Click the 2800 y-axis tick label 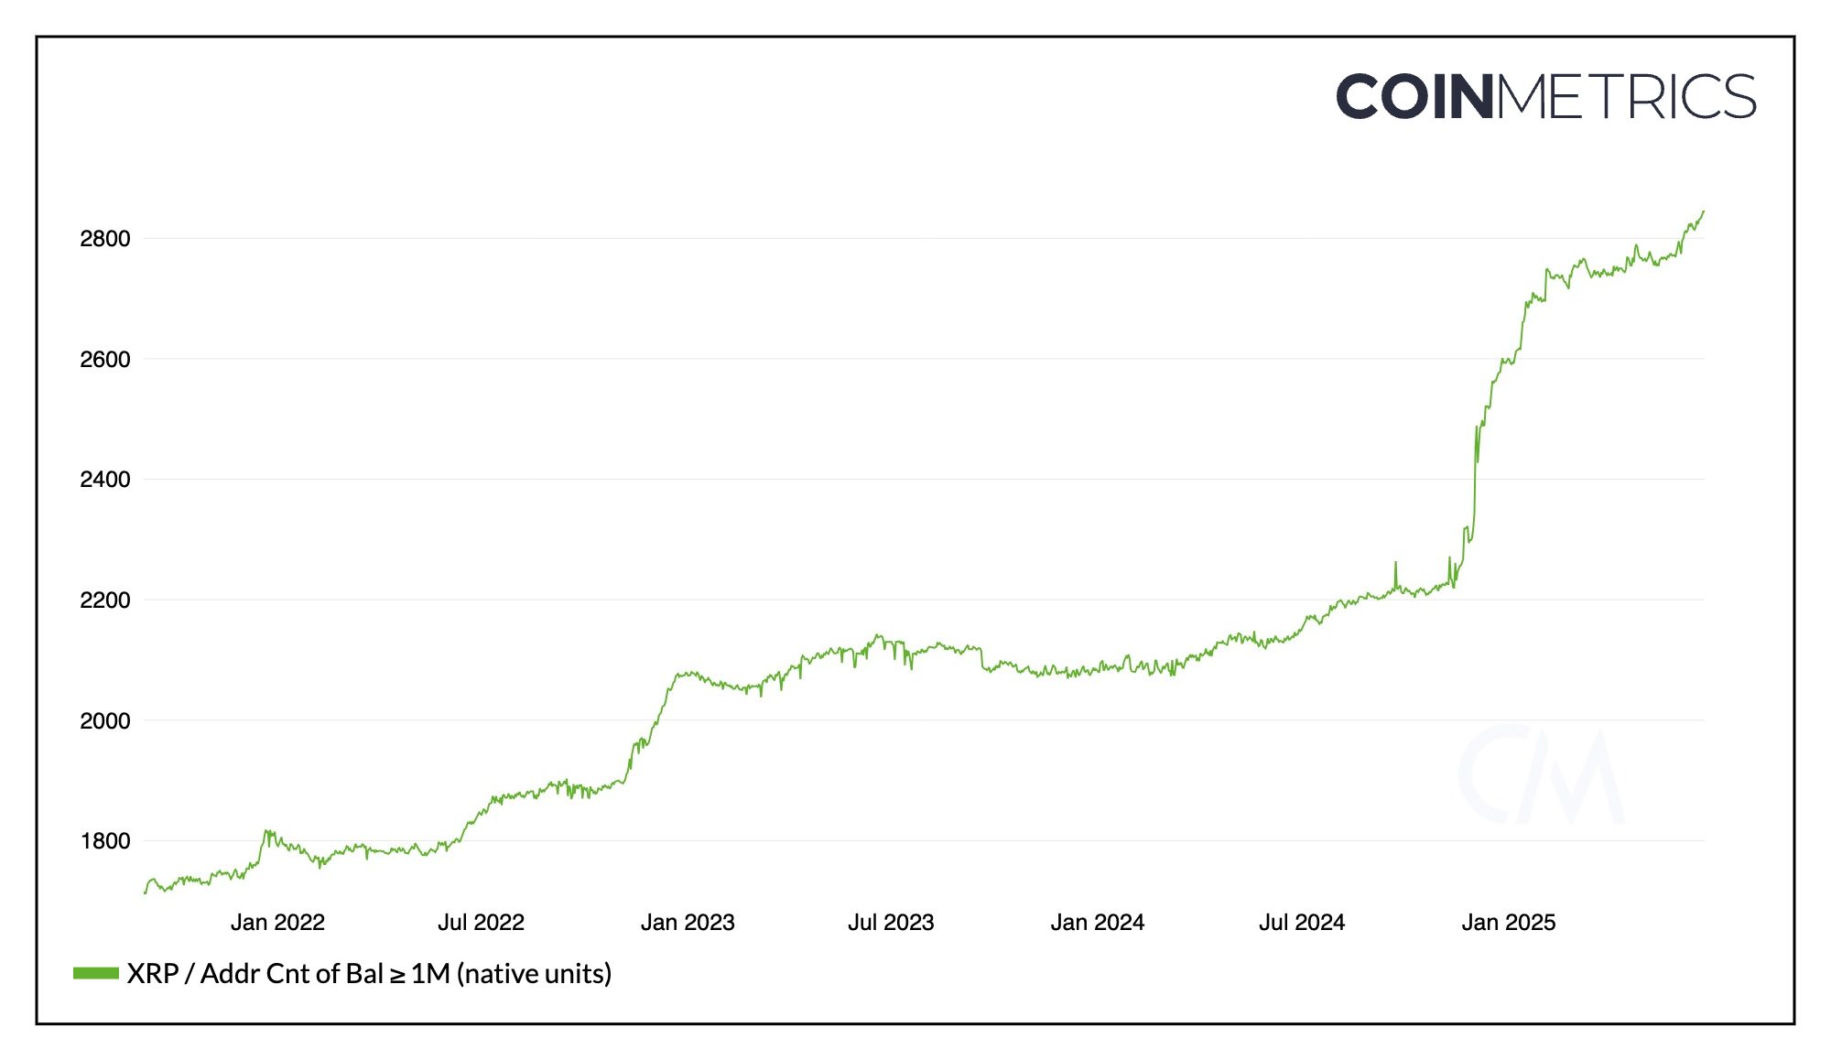[105, 239]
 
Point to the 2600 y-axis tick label [105, 360]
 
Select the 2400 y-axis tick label [105, 480]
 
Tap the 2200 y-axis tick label [105, 600]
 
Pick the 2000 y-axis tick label [105, 721]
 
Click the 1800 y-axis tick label [105, 841]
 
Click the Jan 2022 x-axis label [277, 923]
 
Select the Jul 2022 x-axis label [481, 923]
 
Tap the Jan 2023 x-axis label [688, 923]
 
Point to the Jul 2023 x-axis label [891, 923]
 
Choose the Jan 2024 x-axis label [1098, 923]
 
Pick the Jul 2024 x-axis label [1302, 923]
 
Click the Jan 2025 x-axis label [1509, 923]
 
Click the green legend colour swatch [96, 973]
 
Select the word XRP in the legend [152, 974]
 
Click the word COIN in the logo [1415, 97]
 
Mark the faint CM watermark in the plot [1541, 774]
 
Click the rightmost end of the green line [1703, 211]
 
